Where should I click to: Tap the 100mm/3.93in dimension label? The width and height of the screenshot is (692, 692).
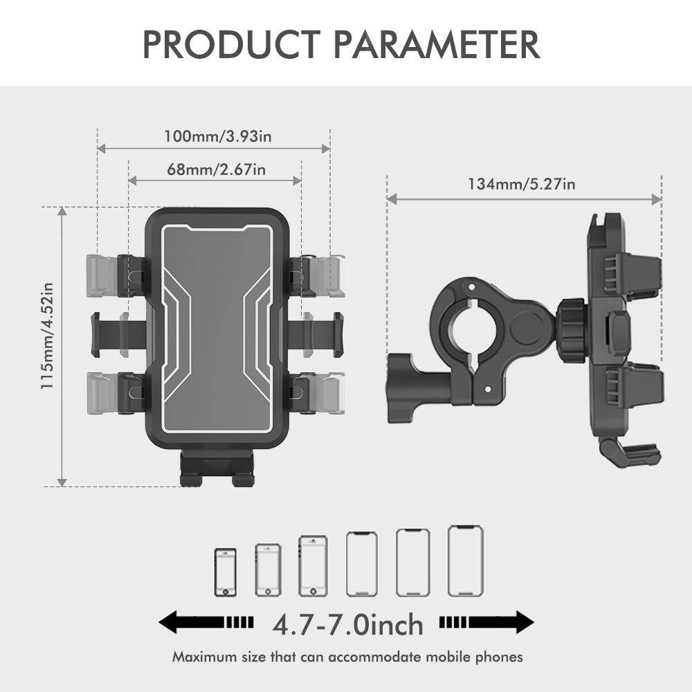[217, 136]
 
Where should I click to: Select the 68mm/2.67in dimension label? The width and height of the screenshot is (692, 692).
[216, 169]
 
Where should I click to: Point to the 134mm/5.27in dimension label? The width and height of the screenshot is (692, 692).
[522, 184]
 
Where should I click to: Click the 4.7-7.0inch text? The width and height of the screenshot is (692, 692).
[347, 624]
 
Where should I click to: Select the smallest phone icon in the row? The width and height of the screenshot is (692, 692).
[225, 572]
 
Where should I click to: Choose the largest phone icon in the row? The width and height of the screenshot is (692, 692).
[465, 561]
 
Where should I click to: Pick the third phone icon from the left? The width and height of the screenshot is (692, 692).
[312, 565]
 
